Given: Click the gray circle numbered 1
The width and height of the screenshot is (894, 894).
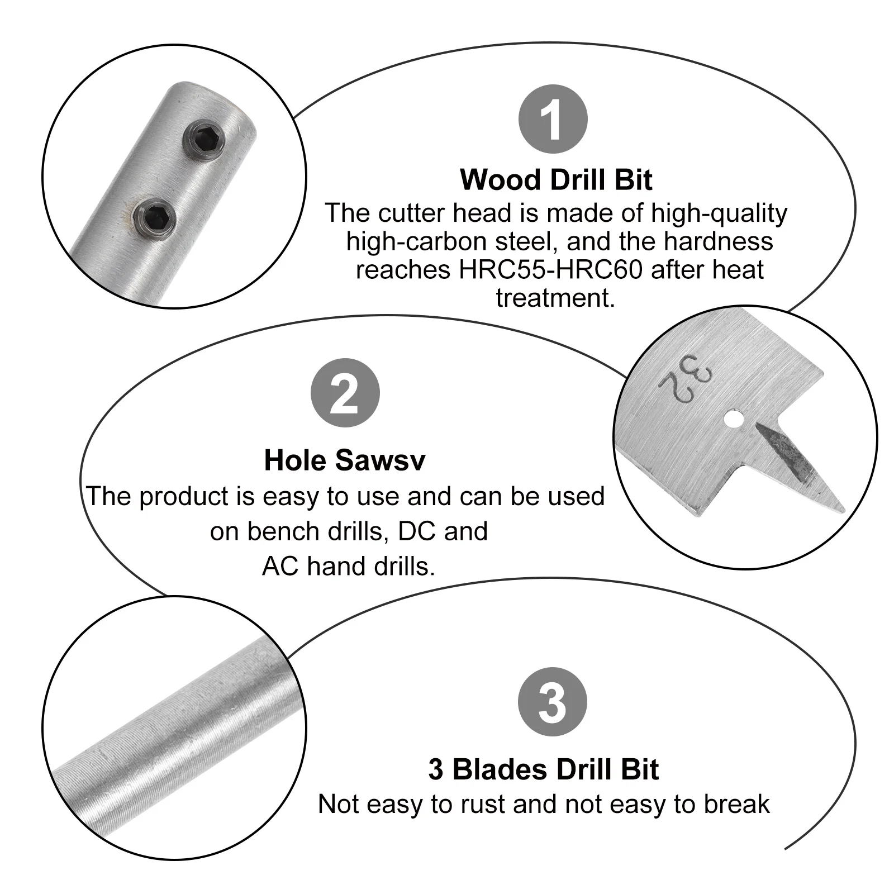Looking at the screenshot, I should (x=553, y=119).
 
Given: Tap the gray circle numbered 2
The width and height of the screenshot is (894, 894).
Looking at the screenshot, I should (x=345, y=393).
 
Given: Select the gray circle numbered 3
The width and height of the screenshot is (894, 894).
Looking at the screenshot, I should (x=553, y=702).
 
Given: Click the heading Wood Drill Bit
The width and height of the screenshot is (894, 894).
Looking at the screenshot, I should (x=556, y=180).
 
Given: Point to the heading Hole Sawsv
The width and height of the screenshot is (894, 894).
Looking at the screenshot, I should (x=344, y=461).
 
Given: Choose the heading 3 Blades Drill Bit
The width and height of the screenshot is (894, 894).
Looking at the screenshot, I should (x=543, y=769).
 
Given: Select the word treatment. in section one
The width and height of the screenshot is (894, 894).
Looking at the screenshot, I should (x=555, y=297).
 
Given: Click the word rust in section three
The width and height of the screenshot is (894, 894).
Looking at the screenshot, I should (x=487, y=805).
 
